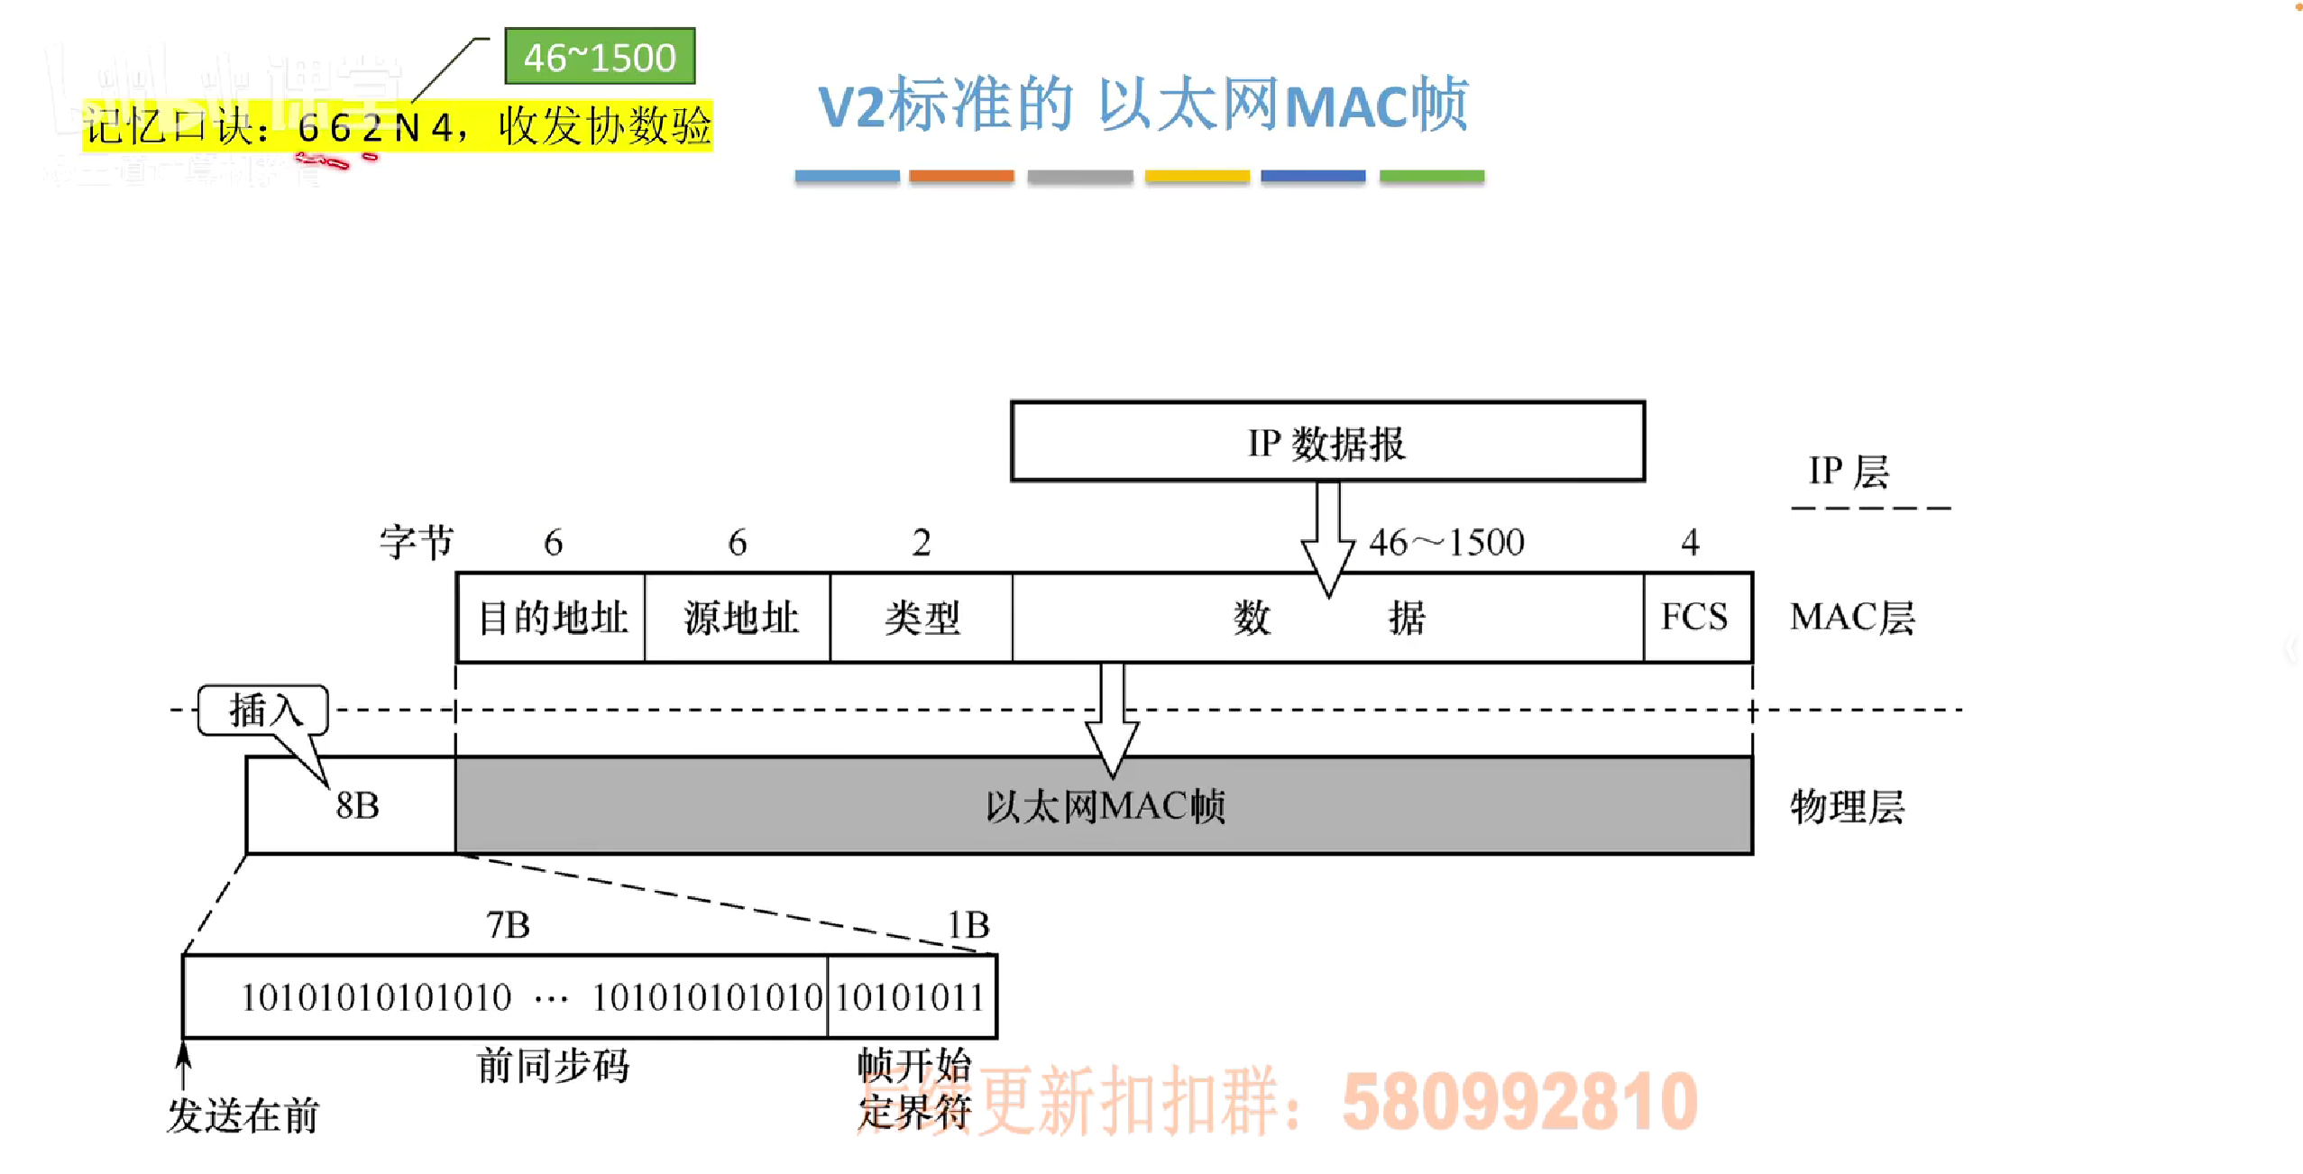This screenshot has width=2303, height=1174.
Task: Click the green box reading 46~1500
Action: click(600, 57)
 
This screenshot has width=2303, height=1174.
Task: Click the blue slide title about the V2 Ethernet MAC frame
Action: click(1142, 105)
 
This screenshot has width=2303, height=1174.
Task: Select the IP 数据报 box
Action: click(1327, 443)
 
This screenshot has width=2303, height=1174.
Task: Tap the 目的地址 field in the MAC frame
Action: click(552, 619)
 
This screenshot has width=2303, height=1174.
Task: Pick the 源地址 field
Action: click(739, 619)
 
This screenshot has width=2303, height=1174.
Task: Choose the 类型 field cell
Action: click(922, 619)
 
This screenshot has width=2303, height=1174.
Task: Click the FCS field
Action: click(1695, 618)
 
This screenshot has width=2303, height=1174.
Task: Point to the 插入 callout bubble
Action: click(262, 711)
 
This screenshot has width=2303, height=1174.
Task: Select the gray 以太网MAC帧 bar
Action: click(1104, 806)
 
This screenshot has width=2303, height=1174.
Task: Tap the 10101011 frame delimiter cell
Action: click(910, 997)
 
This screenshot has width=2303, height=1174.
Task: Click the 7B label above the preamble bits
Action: click(508, 925)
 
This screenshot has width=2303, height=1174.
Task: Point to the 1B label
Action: click(968, 925)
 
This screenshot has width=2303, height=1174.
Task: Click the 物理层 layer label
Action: click(1847, 807)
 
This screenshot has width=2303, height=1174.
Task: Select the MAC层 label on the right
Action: click(1852, 618)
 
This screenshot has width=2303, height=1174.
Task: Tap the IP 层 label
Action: click(1849, 471)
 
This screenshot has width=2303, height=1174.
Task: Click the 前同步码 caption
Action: click(553, 1066)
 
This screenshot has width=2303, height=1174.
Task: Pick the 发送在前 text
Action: click(243, 1116)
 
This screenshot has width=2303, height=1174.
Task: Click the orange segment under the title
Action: click(961, 176)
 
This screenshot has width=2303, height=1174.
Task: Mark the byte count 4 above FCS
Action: click(1690, 543)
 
